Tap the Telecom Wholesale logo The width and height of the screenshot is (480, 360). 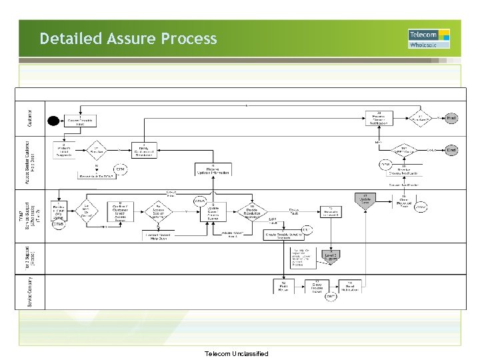[428, 39]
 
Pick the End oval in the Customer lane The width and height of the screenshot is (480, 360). [451, 117]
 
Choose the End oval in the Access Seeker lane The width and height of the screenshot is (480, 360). [451, 151]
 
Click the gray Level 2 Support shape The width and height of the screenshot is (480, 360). [329, 255]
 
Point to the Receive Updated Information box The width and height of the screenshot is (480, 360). [213, 170]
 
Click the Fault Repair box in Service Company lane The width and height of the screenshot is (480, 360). [283, 287]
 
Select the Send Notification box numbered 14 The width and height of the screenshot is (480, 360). [349, 287]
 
